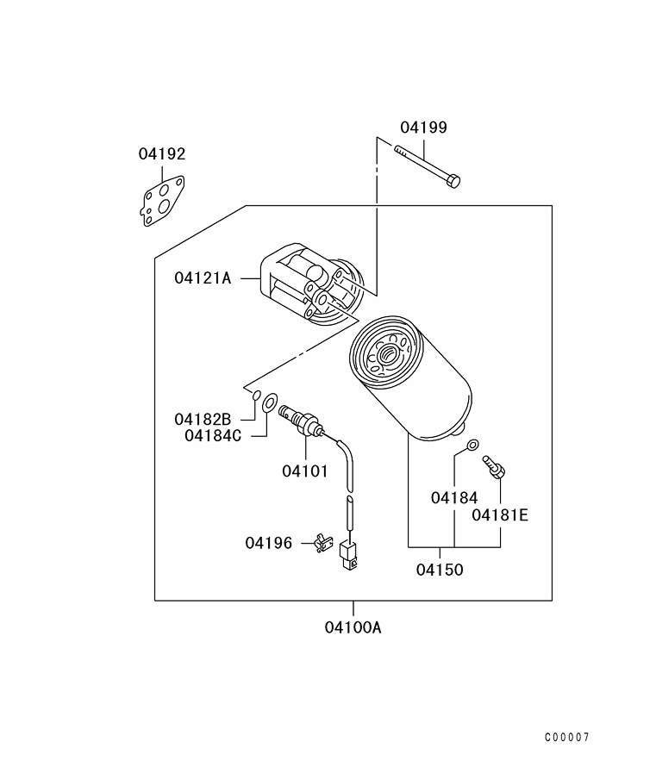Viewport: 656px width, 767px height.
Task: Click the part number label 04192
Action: [162, 154]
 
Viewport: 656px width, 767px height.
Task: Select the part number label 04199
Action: [423, 128]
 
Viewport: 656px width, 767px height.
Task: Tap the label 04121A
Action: [203, 277]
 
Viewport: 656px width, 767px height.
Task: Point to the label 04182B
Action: [203, 419]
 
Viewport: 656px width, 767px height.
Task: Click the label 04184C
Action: [213, 435]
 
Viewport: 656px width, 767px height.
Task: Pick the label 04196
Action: [268, 543]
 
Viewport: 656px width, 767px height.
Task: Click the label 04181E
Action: [499, 515]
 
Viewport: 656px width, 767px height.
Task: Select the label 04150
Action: [440, 570]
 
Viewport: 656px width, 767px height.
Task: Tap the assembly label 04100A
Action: [353, 627]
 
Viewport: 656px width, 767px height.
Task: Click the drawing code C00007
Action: [566, 738]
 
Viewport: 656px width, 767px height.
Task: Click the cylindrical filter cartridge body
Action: [414, 379]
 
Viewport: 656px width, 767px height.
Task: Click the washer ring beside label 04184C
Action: [270, 402]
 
